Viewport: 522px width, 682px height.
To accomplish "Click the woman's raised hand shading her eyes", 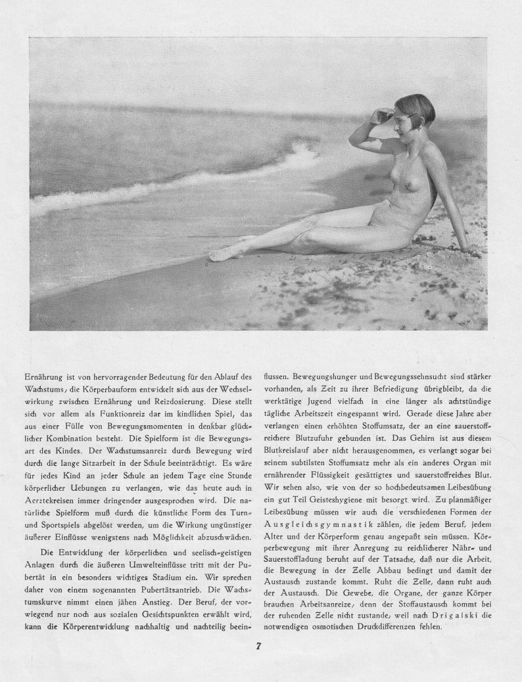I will (x=381, y=116).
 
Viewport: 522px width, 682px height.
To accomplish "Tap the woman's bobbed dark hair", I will (x=417, y=105).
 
